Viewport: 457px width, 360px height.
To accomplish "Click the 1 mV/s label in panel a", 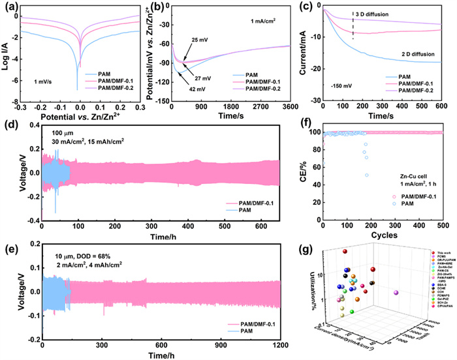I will (x=43, y=81).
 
